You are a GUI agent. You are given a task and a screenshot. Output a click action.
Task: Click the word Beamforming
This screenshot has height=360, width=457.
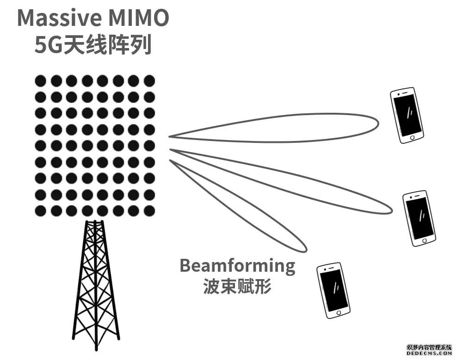pyautogui.click(x=237, y=266)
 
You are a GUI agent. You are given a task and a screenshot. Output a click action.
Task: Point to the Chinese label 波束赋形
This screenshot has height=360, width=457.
pyautogui.click(x=237, y=287)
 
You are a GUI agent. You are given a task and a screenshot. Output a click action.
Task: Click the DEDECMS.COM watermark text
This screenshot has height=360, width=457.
pyautogui.click(x=429, y=354)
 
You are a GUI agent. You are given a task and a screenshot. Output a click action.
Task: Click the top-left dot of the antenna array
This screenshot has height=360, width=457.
pyautogui.click(x=41, y=80)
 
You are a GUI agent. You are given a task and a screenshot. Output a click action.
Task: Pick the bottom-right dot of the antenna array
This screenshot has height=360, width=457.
pyautogui.click(x=149, y=211)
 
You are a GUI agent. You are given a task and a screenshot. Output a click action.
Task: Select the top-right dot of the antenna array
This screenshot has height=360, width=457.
pyautogui.click(x=149, y=80)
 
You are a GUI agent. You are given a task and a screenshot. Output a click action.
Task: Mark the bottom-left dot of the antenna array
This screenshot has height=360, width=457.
pyautogui.click(x=41, y=211)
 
